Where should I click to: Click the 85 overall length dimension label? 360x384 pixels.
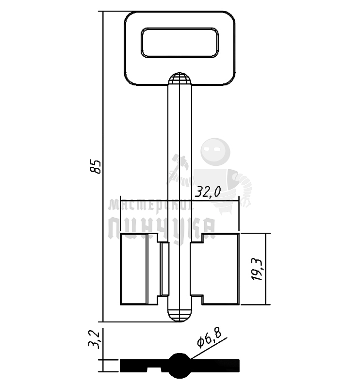97,166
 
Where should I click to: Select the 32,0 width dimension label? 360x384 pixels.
207,192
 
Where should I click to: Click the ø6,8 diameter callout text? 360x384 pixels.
210,338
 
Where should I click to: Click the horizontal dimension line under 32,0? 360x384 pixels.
213,200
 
